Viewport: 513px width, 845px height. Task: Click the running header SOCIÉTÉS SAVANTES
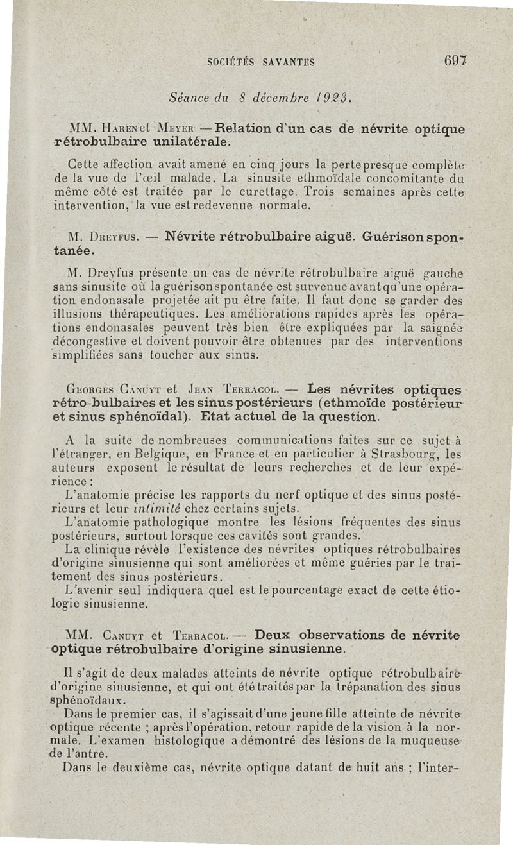tap(261, 62)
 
